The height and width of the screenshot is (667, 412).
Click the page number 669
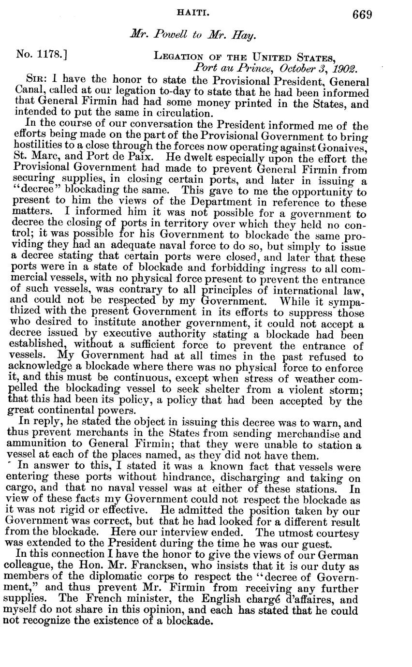pyautogui.click(x=362, y=15)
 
